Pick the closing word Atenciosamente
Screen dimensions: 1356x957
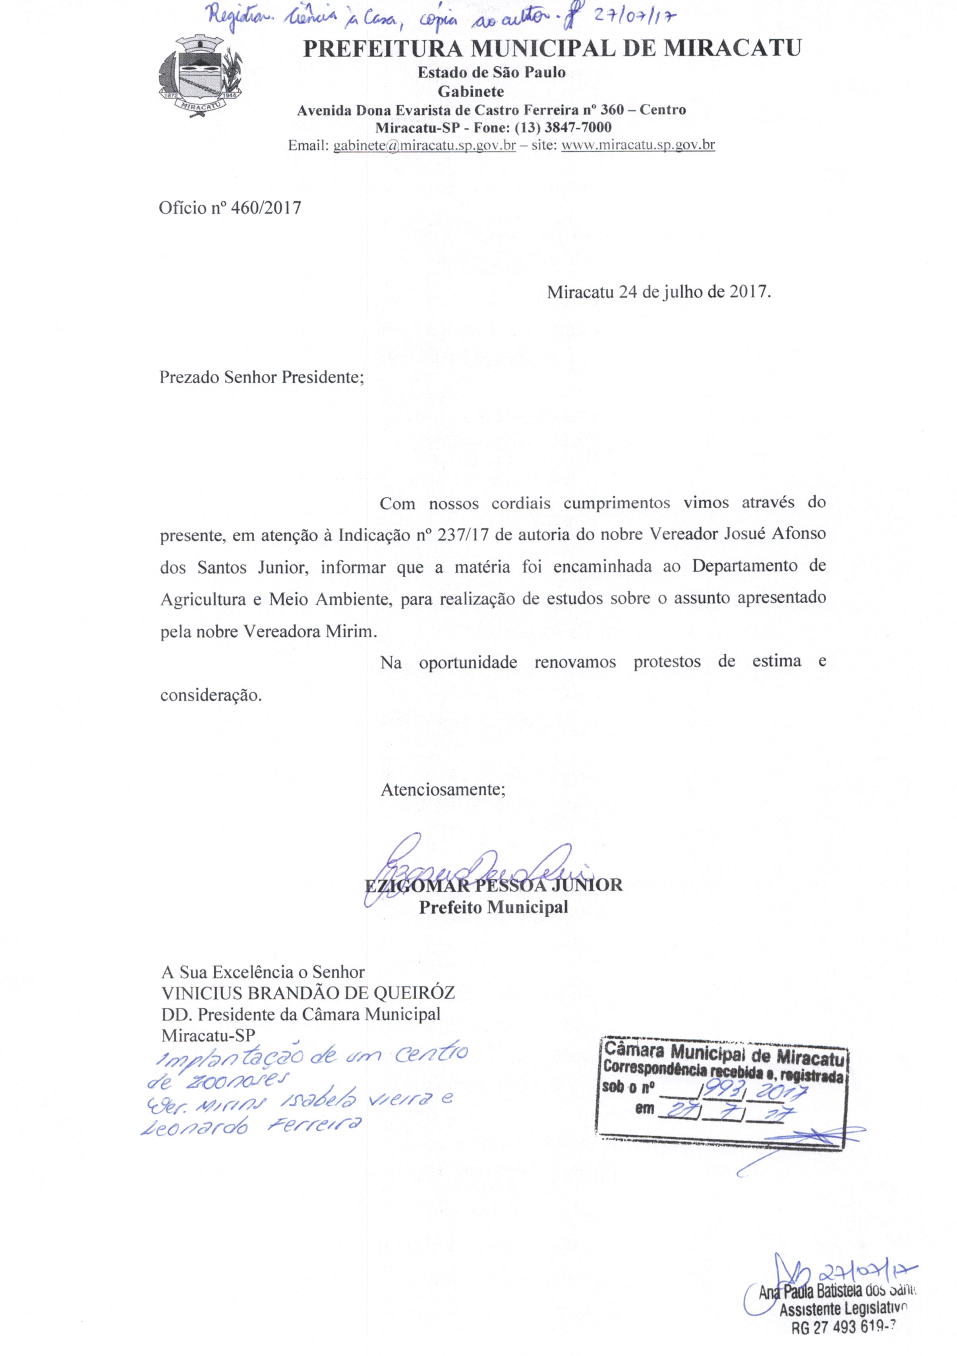point(443,790)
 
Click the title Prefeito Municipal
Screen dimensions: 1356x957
point(493,906)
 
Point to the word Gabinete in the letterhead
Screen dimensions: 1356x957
point(470,91)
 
